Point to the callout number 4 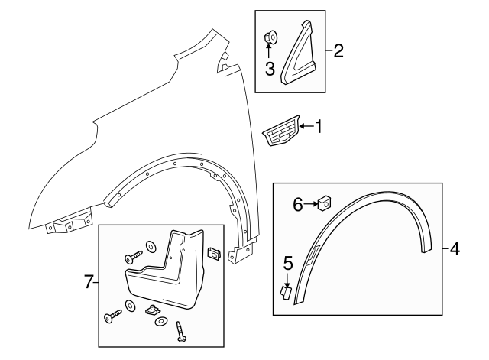(455, 248)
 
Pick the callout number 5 (288, 264)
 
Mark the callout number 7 (89, 283)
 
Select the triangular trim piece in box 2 (301, 54)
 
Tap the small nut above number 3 (270, 37)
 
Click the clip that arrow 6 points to (323, 203)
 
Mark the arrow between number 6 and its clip (311, 203)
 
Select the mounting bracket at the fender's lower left (68, 225)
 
